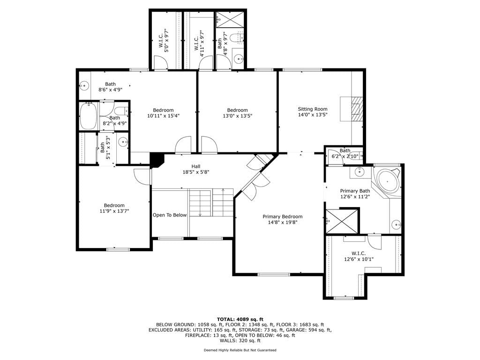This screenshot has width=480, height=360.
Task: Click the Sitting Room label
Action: [x=313, y=109]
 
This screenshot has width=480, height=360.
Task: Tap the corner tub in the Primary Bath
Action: [x=388, y=181]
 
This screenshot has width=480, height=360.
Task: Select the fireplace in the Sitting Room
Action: [x=352, y=109]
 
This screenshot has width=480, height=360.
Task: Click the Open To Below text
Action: [x=170, y=215]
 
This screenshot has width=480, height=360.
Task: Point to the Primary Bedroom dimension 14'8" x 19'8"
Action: [x=283, y=222]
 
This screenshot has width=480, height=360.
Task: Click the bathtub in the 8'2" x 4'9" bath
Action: [x=89, y=116]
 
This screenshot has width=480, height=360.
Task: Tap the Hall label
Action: [x=196, y=166]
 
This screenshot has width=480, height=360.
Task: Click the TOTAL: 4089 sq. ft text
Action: [x=240, y=319]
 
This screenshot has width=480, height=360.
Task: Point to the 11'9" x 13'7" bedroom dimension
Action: [x=114, y=211]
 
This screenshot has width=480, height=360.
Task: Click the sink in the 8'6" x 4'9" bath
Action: [x=84, y=85]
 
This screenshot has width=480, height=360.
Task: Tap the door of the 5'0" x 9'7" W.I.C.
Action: [x=161, y=63]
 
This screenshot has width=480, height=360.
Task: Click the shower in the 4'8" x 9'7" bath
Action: [x=231, y=20]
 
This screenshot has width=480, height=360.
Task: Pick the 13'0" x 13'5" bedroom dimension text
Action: [x=237, y=116]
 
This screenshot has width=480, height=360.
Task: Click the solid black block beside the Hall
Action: [x=157, y=160]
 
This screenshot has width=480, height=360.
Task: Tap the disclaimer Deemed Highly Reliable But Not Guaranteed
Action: [x=240, y=350]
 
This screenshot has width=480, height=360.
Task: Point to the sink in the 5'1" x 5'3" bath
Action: [x=124, y=142]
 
